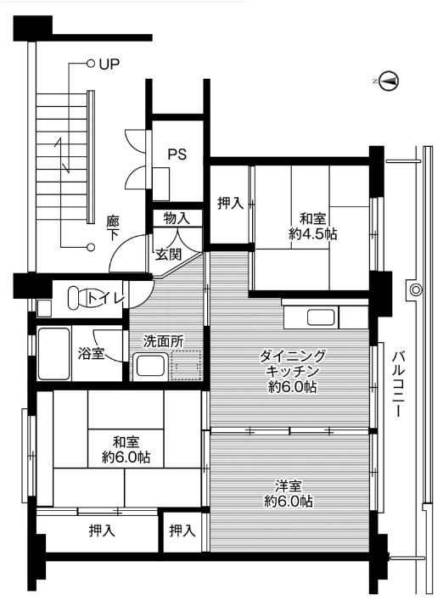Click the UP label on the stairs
tap(109, 63)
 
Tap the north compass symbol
tap(389, 81)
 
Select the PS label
tap(177, 154)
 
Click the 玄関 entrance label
tap(167, 254)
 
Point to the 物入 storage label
tap(177, 218)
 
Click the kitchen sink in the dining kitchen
tap(323, 319)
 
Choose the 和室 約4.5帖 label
tap(313, 224)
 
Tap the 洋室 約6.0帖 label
tap(289, 494)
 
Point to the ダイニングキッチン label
tap(289, 371)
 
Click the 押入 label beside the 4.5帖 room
tap(230, 203)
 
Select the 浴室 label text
tap(91, 353)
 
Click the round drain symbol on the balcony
tap(415, 290)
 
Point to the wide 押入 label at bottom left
tap(102, 531)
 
